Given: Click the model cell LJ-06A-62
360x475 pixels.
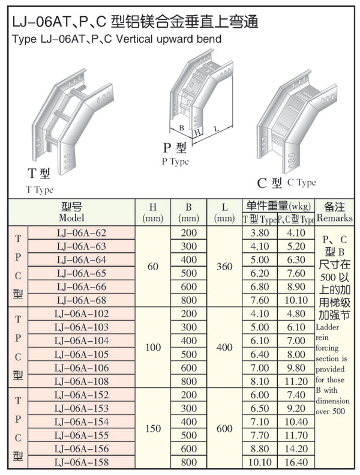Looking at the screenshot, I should [x=81, y=232].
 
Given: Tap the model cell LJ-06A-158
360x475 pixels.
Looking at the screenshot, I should [x=81, y=462].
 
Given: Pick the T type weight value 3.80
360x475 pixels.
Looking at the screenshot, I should [x=259, y=232].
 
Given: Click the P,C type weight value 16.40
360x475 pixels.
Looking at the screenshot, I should [x=296, y=462].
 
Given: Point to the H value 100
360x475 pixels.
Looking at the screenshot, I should [x=153, y=347].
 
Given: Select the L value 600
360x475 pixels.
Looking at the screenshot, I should [x=224, y=429].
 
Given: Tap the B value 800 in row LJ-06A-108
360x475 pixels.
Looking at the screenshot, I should [x=188, y=380].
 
